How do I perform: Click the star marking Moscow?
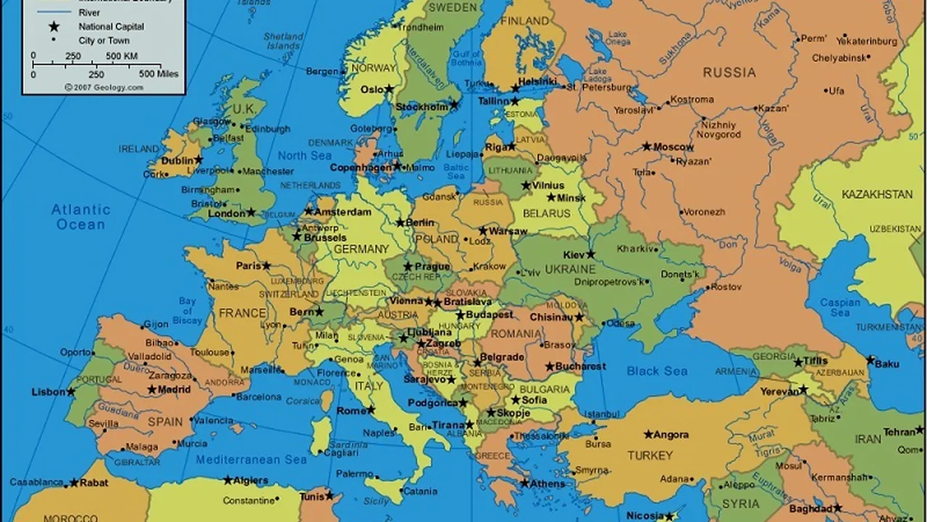647,146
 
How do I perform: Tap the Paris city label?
248,266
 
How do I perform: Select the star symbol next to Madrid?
152,389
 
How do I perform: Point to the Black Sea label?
657,371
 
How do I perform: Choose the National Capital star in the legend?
54,27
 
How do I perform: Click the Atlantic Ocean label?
80,217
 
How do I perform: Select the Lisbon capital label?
49,392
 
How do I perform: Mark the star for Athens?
524,483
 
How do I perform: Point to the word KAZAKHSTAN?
877,194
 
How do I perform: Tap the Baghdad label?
809,509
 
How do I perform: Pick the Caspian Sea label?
840,307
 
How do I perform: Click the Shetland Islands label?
283,41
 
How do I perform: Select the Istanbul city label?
602,415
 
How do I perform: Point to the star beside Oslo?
389,89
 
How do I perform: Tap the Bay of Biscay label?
188,310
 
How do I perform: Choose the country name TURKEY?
650,455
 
